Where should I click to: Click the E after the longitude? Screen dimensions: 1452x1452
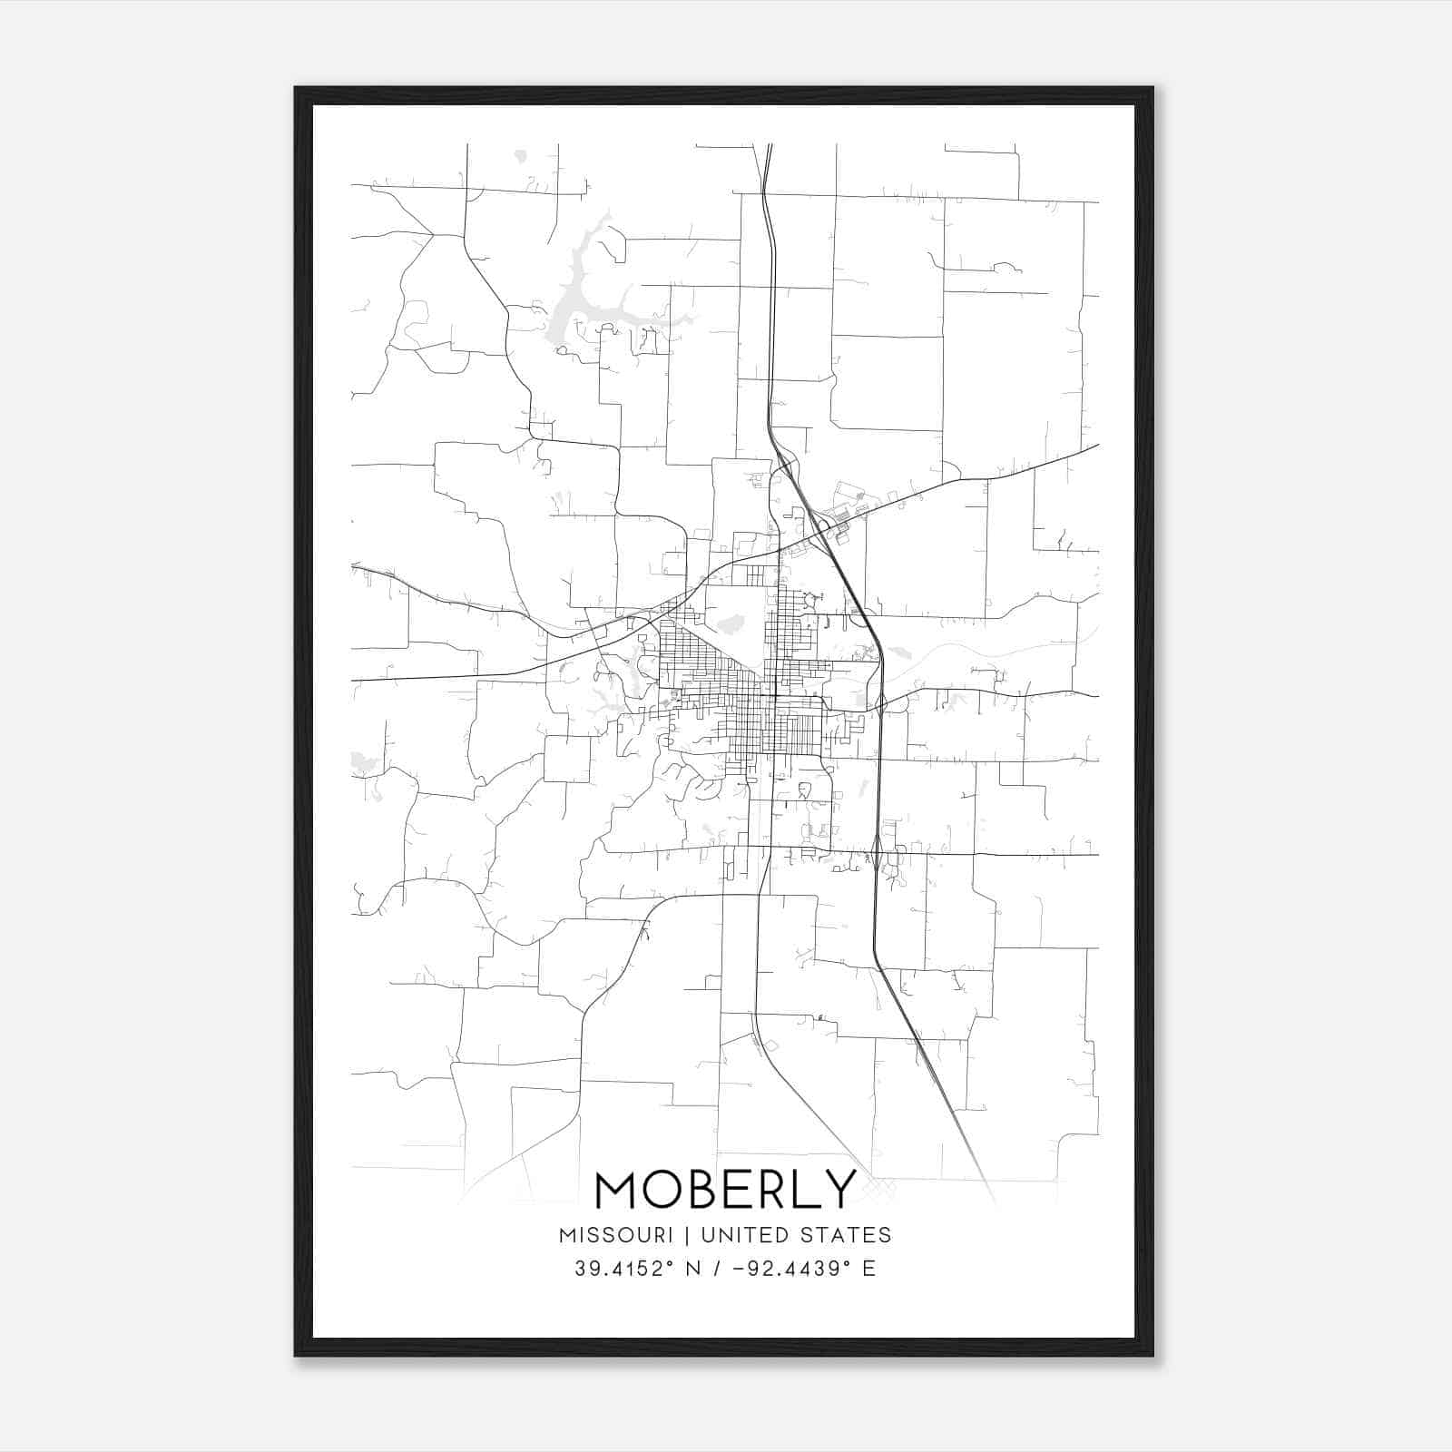coord(869,1269)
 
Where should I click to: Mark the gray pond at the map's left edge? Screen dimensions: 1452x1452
coord(360,763)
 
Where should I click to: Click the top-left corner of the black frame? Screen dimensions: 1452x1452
coord(297,89)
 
